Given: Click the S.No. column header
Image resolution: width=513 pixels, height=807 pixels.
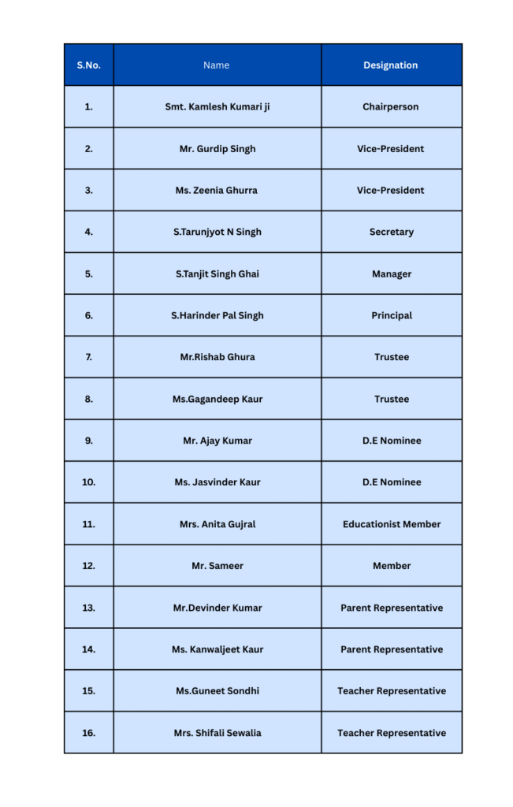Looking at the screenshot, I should click(x=88, y=65).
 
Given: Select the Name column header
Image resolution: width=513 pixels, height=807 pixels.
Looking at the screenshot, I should click(x=217, y=65).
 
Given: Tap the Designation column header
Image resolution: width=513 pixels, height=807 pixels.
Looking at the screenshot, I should click(x=391, y=65).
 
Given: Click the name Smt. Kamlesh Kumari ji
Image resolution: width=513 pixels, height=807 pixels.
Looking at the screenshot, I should click(x=217, y=106).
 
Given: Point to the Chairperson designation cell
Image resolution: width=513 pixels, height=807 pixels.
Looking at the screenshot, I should click(x=391, y=106).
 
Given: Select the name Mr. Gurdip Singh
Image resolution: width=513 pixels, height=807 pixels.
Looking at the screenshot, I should click(x=217, y=148).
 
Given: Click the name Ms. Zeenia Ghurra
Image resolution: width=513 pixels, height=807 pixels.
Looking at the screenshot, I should click(x=217, y=190).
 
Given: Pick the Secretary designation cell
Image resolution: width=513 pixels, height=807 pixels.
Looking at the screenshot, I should click(x=391, y=232).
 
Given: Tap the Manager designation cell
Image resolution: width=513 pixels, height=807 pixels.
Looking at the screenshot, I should click(x=391, y=273).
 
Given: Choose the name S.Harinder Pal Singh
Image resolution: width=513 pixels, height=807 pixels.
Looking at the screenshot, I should click(x=217, y=315).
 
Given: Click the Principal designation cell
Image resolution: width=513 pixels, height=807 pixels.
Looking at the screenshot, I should click(x=391, y=315).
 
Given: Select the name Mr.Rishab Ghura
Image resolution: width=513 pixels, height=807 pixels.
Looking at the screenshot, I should click(x=217, y=357).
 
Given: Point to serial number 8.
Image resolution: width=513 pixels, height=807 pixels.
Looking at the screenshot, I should click(x=88, y=399).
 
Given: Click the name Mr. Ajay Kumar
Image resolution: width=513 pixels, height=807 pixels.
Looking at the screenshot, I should click(x=217, y=441).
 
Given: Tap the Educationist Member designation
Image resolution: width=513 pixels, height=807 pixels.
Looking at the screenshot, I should click(x=391, y=524).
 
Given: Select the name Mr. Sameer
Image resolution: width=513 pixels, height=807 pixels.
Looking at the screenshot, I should click(x=217, y=566).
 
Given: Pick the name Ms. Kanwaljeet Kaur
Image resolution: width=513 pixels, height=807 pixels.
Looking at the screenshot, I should click(x=217, y=649).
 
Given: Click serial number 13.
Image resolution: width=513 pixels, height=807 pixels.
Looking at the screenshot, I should click(x=88, y=608).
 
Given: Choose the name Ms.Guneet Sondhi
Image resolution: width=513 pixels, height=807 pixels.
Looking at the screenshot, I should click(x=217, y=691).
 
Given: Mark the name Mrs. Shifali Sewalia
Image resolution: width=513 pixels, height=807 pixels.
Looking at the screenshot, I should click(x=217, y=733).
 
